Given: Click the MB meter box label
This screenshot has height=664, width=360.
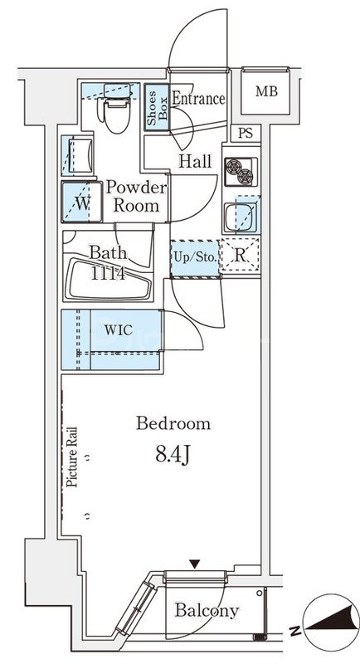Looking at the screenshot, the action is pos(266,91).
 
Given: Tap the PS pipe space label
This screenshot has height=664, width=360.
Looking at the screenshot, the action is pos(246,134).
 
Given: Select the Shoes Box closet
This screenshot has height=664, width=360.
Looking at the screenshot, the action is pos(157,107).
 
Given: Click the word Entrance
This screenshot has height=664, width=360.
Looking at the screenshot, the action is pos(198,99).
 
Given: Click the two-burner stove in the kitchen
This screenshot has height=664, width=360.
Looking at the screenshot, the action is pos(241,172).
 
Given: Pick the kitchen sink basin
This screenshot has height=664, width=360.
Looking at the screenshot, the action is pos(241,218).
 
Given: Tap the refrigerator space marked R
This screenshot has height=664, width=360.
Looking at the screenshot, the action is pos(240,256).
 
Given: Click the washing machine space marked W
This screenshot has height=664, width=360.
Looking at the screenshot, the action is pos(82,202).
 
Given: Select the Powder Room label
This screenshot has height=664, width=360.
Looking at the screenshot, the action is pos(136,197).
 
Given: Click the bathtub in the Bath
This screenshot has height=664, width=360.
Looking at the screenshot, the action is pos(109,279).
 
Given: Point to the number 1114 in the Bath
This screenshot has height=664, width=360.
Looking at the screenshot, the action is pos(109,274).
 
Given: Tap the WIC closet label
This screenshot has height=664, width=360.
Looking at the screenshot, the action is pos(119,330).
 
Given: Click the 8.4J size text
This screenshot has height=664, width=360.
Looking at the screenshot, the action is pos(173,455).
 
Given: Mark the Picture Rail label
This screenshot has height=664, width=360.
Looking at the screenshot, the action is pos(72,456).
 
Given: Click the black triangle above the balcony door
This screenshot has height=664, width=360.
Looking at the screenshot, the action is pos(195,564).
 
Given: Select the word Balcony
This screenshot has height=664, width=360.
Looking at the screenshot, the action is pos(207,611).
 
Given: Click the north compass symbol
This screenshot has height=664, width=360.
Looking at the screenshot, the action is pos(331,622).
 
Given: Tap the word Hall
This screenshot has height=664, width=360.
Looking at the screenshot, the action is pos(195,161).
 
